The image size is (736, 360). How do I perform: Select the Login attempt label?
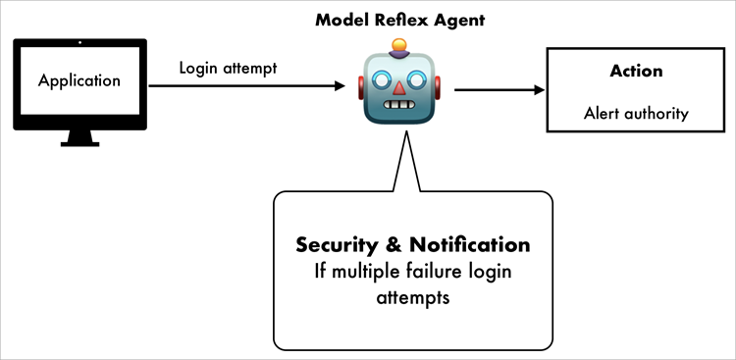pos(228,69)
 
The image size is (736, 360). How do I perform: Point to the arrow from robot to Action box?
pos(499,90)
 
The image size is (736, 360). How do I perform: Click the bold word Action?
pos(636,71)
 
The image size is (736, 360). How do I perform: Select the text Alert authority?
pos(636,113)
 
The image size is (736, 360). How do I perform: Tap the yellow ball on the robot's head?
pos(398,44)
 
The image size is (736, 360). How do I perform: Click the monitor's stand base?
pos(79,143)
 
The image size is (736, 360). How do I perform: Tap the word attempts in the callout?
pos(411,297)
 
